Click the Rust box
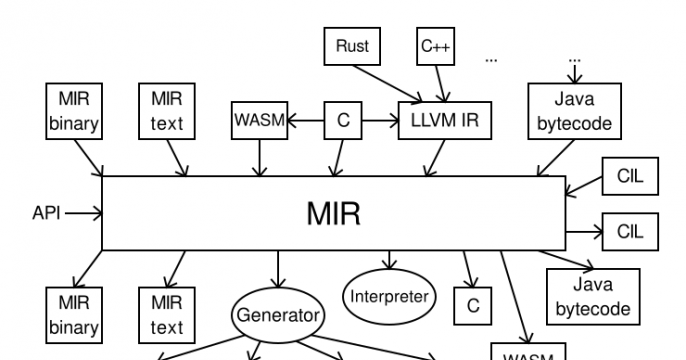pyautogui.click(x=353, y=46)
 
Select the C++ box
pyautogui.click(x=436, y=46)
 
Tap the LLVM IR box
pyautogui.click(x=435, y=120)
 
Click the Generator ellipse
pyautogui.click(x=279, y=315)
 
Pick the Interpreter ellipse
pyautogui.click(x=389, y=296)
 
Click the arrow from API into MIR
pyautogui.click(x=84, y=212)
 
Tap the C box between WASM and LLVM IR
pyautogui.click(x=343, y=120)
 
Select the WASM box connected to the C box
pyautogui.click(x=260, y=120)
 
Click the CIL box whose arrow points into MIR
pyautogui.click(x=630, y=178)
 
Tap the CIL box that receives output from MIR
pyautogui.click(x=630, y=232)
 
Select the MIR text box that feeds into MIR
pyautogui.click(x=167, y=112)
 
